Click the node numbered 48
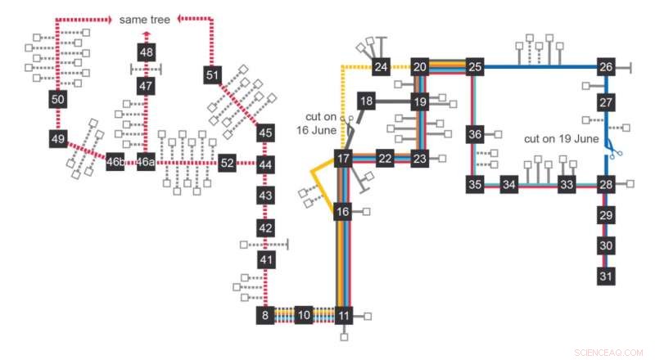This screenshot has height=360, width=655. pos(146,52)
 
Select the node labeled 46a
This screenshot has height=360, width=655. pos(146,162)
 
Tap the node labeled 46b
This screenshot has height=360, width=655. pos(115,162)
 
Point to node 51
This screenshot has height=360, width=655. pos(213,75)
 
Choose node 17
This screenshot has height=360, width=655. pos(343,159)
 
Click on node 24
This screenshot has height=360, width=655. pos(381,67)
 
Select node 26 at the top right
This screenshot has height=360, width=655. pos(606,67)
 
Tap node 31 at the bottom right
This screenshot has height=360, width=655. pos(606,277)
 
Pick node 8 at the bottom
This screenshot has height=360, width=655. pos(264,315)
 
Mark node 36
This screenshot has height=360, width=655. pos(476,133)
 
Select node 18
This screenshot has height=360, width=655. pos(366,101)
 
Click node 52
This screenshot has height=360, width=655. pos(227,162)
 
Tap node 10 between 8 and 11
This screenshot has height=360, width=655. pos(304,315)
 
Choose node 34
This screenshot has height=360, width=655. pos(509,185)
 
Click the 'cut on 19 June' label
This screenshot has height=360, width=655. pos(562,138)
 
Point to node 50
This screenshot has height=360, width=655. pos(57,100)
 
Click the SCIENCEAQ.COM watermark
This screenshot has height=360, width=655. pos(609,352)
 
